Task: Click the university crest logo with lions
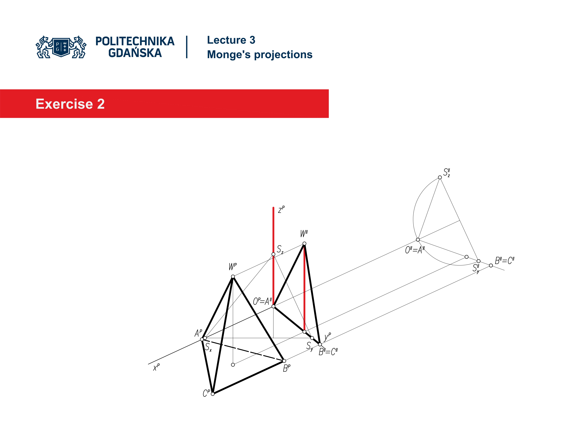tap(61, 47)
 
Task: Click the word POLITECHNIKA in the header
tap(135, 41)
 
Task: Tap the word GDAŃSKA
tap(135, 53)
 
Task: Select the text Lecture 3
tap(231, 40)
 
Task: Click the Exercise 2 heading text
tap(70, 104)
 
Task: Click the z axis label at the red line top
tap(281, 210)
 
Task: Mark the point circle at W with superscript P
tap(233, 277)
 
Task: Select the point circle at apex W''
tap(304, 243)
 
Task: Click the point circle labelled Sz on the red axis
tap(273, 254)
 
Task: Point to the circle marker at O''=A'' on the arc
tap(418, 240)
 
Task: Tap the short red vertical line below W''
tap(304, 288)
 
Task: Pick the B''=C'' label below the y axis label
tap(328, 352)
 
